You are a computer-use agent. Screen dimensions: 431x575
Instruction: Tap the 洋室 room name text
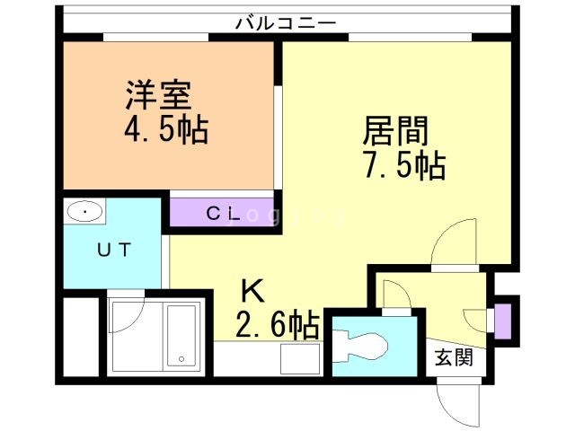(159, 93)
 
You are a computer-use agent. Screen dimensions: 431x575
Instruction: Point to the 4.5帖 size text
(165, 131)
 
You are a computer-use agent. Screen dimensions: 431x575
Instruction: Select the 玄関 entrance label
(453, 359)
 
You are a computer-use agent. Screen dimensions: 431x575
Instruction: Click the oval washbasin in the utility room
(84, 213)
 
